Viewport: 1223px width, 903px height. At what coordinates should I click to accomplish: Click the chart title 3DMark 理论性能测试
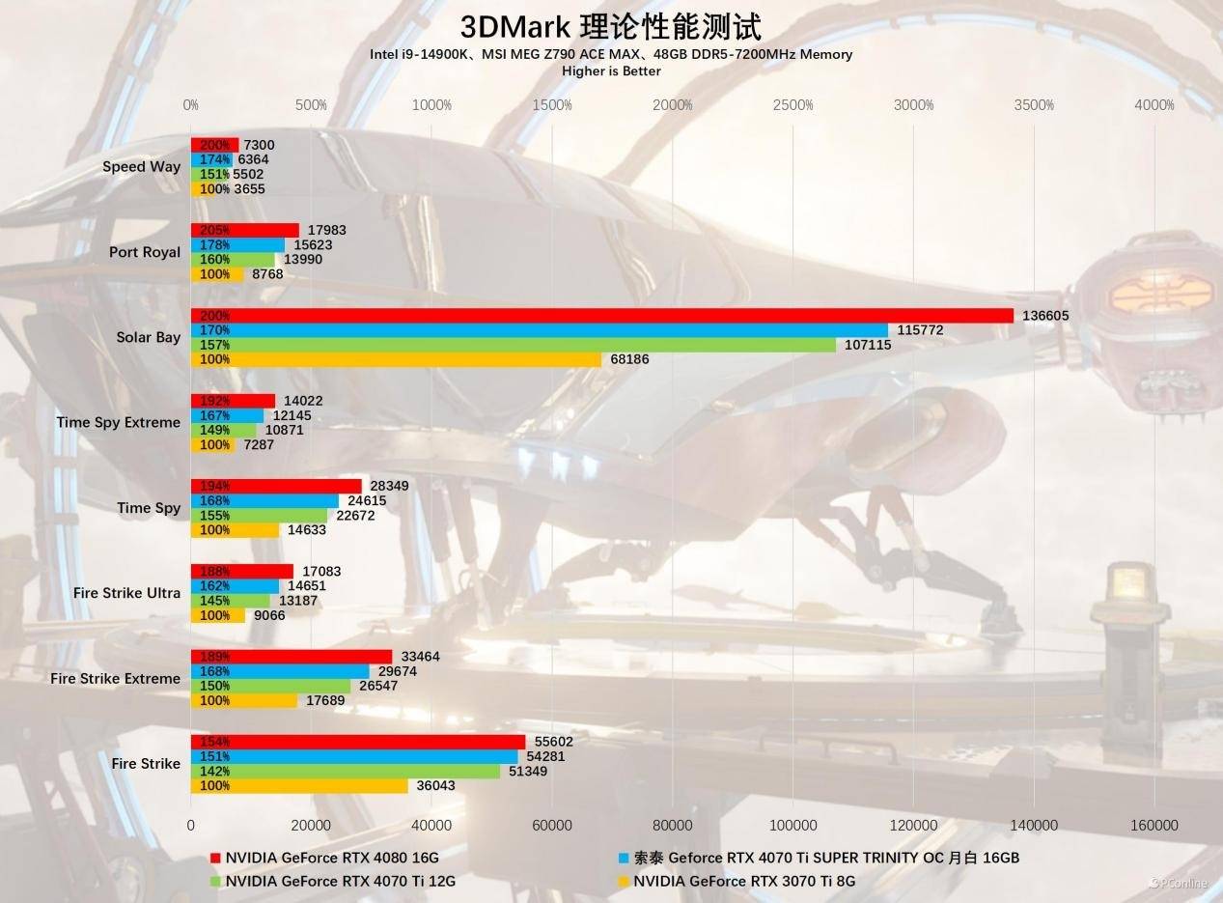tap(611, 26)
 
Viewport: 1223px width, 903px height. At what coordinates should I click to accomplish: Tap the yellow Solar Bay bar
tap(396, 359)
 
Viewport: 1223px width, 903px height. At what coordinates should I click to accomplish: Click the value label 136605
tap(1045, 316)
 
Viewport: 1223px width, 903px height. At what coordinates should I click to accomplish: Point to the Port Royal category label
tap(145, 252)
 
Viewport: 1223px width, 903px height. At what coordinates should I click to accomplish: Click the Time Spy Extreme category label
tap(118, 422)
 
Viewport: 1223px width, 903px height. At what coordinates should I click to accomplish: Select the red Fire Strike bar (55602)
tap(358, 742)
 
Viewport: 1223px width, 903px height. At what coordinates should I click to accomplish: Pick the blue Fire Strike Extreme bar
tap(280, 671)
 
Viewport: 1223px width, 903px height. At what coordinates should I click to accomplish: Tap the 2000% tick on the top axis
tap(673, 105)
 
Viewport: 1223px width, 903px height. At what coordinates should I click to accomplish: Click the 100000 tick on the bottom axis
tap(792, 825)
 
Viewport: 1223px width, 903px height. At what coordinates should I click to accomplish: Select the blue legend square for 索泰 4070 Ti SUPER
tap(625, 858)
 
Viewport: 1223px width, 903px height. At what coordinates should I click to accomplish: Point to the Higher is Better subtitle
tap(611, 71)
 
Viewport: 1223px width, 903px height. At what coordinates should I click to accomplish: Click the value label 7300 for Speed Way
tap(259, 145)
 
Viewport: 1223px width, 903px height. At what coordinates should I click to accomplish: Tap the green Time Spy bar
tap(259, 516)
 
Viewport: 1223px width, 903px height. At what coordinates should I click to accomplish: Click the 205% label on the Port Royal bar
tap(214, 230)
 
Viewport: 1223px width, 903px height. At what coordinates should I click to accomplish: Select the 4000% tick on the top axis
tap(1154, 105)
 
